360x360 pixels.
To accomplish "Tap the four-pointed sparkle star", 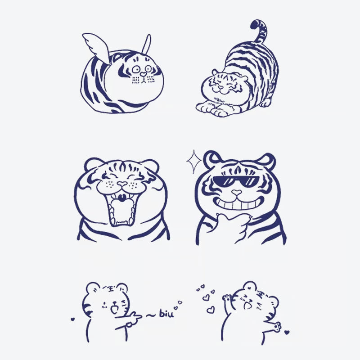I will (194, 162).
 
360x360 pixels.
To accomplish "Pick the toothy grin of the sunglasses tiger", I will (234, 205).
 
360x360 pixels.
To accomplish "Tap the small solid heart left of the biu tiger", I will (72, 319).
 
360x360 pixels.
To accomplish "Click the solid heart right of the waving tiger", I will (287, 333).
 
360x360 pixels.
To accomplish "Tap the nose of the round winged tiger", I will (143, 74).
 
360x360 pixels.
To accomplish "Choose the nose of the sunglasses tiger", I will (235, 194).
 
